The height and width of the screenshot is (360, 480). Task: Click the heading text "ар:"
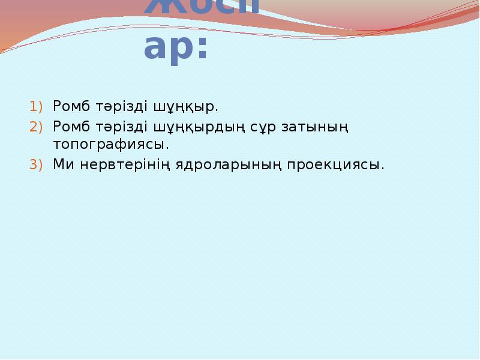[176, 49]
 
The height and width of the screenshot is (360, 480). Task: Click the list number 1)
[37, 107]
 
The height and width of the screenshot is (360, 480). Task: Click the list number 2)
[37, 127]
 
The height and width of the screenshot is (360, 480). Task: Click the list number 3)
[37, 164]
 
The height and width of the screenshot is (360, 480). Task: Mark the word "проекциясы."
[335, 165]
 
